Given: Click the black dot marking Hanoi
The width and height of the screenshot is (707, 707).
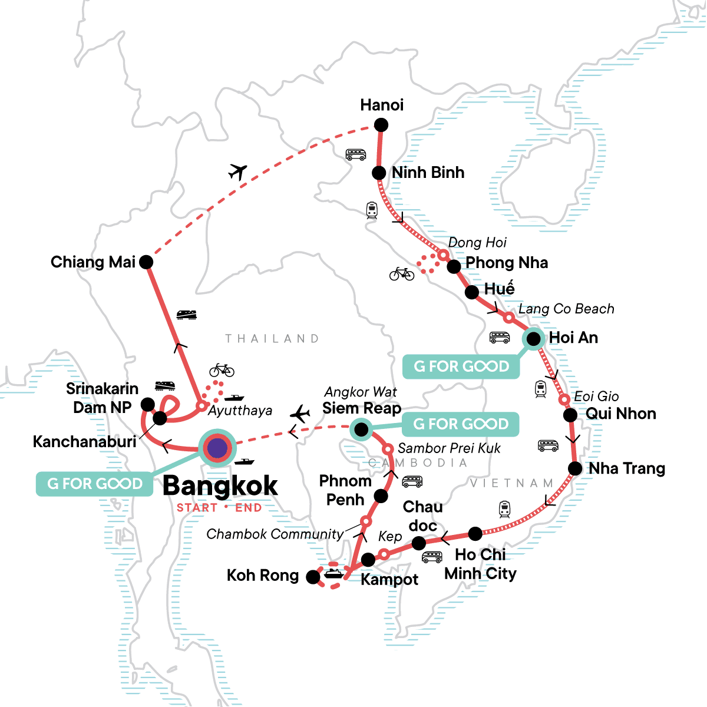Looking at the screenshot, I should click(381, 125).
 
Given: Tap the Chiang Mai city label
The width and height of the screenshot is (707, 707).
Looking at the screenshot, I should click(93, 262).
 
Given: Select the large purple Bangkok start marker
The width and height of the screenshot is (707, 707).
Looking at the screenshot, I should click(217, 448).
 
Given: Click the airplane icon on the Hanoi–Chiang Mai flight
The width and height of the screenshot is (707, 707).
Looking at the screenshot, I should click(237, 172).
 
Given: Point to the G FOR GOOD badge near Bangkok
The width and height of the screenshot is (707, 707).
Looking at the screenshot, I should click(95, 484).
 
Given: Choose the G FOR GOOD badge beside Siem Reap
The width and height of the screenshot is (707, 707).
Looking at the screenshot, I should click(460, 424).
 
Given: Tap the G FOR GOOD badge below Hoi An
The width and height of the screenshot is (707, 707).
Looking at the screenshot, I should click(461, 366).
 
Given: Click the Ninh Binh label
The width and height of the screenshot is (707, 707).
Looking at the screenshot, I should click(428, 173).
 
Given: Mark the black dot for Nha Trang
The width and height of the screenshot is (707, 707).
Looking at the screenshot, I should click(574, 469).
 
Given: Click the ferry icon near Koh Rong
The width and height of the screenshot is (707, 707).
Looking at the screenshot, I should click(333, 573).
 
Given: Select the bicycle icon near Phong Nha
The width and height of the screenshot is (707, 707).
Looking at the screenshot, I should click(402, 273).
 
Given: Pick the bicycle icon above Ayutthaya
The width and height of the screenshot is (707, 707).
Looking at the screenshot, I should click(222, 370).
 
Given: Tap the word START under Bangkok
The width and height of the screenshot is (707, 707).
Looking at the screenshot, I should click(197, 508).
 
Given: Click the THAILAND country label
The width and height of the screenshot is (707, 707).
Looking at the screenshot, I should click(272, 339).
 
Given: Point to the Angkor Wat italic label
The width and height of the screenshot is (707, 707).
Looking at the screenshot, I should click(361, 392).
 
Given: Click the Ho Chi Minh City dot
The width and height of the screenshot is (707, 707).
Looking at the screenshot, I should click(475, 534).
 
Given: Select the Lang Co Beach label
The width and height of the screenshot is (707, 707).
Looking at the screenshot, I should click(566, 309).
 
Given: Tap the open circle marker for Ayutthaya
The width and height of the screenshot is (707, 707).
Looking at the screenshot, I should click(201, 406).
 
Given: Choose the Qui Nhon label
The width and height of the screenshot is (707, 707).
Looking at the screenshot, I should click(620, 414).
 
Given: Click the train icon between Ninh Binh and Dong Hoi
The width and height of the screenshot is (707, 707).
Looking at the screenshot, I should click(372, 210).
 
